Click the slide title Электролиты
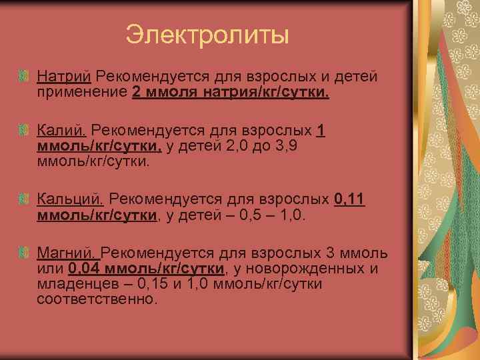(207, 35)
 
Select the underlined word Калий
(62, 131)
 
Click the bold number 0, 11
(349, 199)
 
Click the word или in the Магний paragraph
(51, 269)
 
